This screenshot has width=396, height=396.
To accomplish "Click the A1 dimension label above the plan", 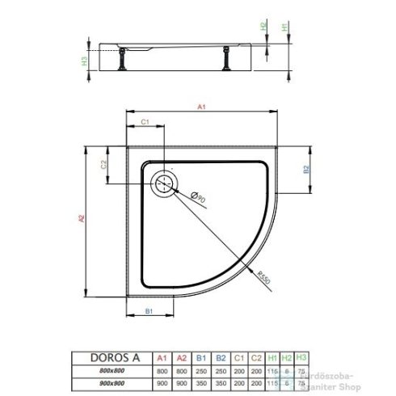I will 200,104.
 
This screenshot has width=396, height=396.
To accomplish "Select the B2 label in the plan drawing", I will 305,170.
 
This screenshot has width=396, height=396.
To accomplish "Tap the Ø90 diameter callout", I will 200,195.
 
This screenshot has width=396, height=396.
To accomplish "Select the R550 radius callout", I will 259,275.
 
